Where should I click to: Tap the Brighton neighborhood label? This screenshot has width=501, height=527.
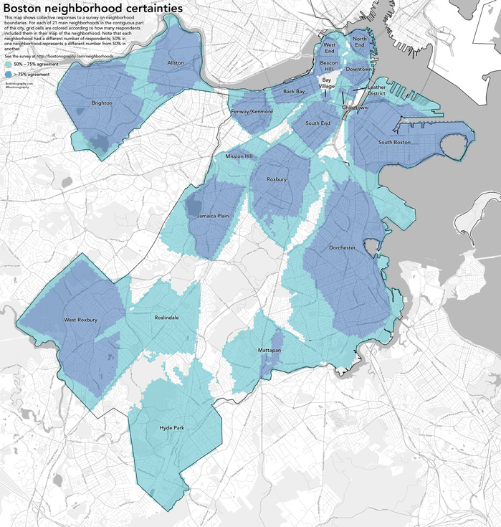(x=102, y=103)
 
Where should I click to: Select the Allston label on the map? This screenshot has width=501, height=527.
(x=176, y=63)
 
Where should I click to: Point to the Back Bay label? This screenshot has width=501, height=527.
(x=294, y=92)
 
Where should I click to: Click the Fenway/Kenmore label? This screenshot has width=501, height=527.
(x=251, y=112)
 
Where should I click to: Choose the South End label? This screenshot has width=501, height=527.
(x=318, y=123)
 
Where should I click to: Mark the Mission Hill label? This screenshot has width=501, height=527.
(x=239, y=156)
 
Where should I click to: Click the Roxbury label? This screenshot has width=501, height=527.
(x=276, y=179)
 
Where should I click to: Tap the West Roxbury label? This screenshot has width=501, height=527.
(x=80, y=319)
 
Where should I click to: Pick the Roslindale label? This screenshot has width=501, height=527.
(x=167, y=316)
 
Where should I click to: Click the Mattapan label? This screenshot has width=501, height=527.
(x=269, y=350)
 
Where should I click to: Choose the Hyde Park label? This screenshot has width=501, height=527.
(x=172, y=428)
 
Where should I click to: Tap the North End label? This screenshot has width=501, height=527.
(x=361, y=42)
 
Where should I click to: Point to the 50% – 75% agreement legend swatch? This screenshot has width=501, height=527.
(x=8, y=64)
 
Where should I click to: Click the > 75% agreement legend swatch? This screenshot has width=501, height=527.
(x=8, y=73)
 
